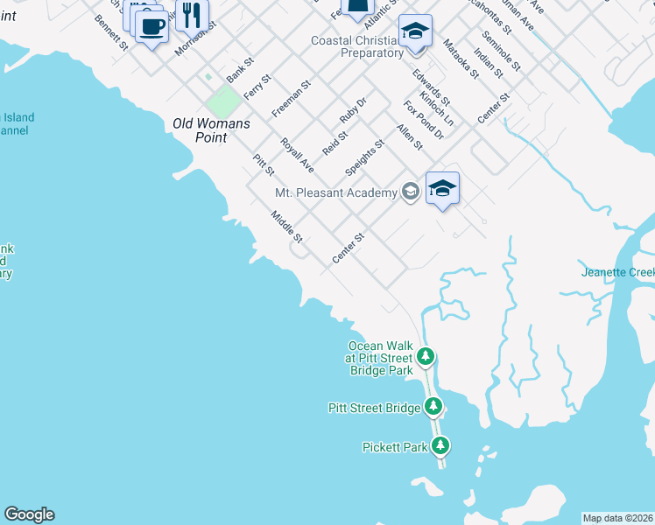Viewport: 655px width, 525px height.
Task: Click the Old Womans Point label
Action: point(211,131)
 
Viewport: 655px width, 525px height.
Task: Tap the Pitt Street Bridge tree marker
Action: point(433,407)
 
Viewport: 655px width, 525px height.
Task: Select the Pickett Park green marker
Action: point(440,446)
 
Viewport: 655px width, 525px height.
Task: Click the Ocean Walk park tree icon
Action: point(426,356)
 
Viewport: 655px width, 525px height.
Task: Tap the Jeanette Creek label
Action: point(617,272)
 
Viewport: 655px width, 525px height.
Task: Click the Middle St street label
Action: point(286,227)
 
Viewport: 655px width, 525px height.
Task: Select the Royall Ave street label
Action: point(297,154)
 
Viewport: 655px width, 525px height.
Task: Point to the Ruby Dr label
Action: point(353,112)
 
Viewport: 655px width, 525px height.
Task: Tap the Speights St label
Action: point(365,156)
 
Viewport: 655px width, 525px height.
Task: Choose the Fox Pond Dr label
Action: point(424,120)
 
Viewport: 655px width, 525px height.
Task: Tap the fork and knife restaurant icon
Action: point(193,15)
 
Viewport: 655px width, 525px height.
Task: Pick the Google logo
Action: point(29,514)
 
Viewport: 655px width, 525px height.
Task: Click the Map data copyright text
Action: point(618,518)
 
